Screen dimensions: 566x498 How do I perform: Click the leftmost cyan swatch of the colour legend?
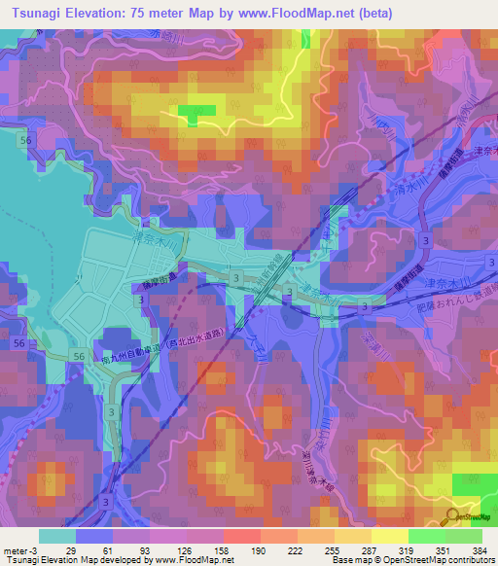[56, 536]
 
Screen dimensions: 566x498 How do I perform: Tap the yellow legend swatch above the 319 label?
[391, 536]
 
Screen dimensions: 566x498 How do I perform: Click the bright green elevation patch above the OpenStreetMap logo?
[473, 485]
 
